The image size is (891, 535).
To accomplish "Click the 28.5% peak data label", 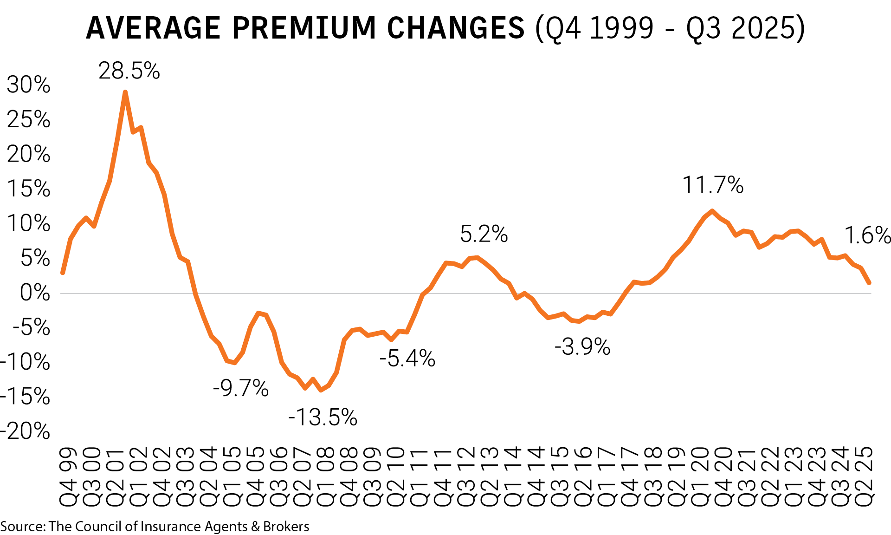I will (129, 71).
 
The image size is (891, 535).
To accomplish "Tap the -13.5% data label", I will (323, 417).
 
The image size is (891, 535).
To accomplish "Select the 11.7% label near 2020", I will (712, 185).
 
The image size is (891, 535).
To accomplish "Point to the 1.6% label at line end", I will (866, 235).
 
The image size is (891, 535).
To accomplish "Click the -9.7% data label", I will (240, 388).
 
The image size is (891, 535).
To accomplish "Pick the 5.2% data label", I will (484, 234).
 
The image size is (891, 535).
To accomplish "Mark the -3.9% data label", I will (582, 347).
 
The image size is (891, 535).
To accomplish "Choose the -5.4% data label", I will (407, 359).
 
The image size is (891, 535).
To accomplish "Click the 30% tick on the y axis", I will (28, 85).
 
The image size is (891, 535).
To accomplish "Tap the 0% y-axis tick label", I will (35, 293).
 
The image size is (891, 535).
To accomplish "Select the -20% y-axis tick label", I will (25, 431).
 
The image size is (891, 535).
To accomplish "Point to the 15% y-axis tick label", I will (28, 189).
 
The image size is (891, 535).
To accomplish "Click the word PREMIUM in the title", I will (304, 28).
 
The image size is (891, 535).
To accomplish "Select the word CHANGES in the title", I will (456, 28).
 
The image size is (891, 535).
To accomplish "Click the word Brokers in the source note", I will (286, 527).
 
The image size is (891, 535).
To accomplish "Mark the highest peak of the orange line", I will (125, 92).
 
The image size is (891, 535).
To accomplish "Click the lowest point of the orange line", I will (321, 390).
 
